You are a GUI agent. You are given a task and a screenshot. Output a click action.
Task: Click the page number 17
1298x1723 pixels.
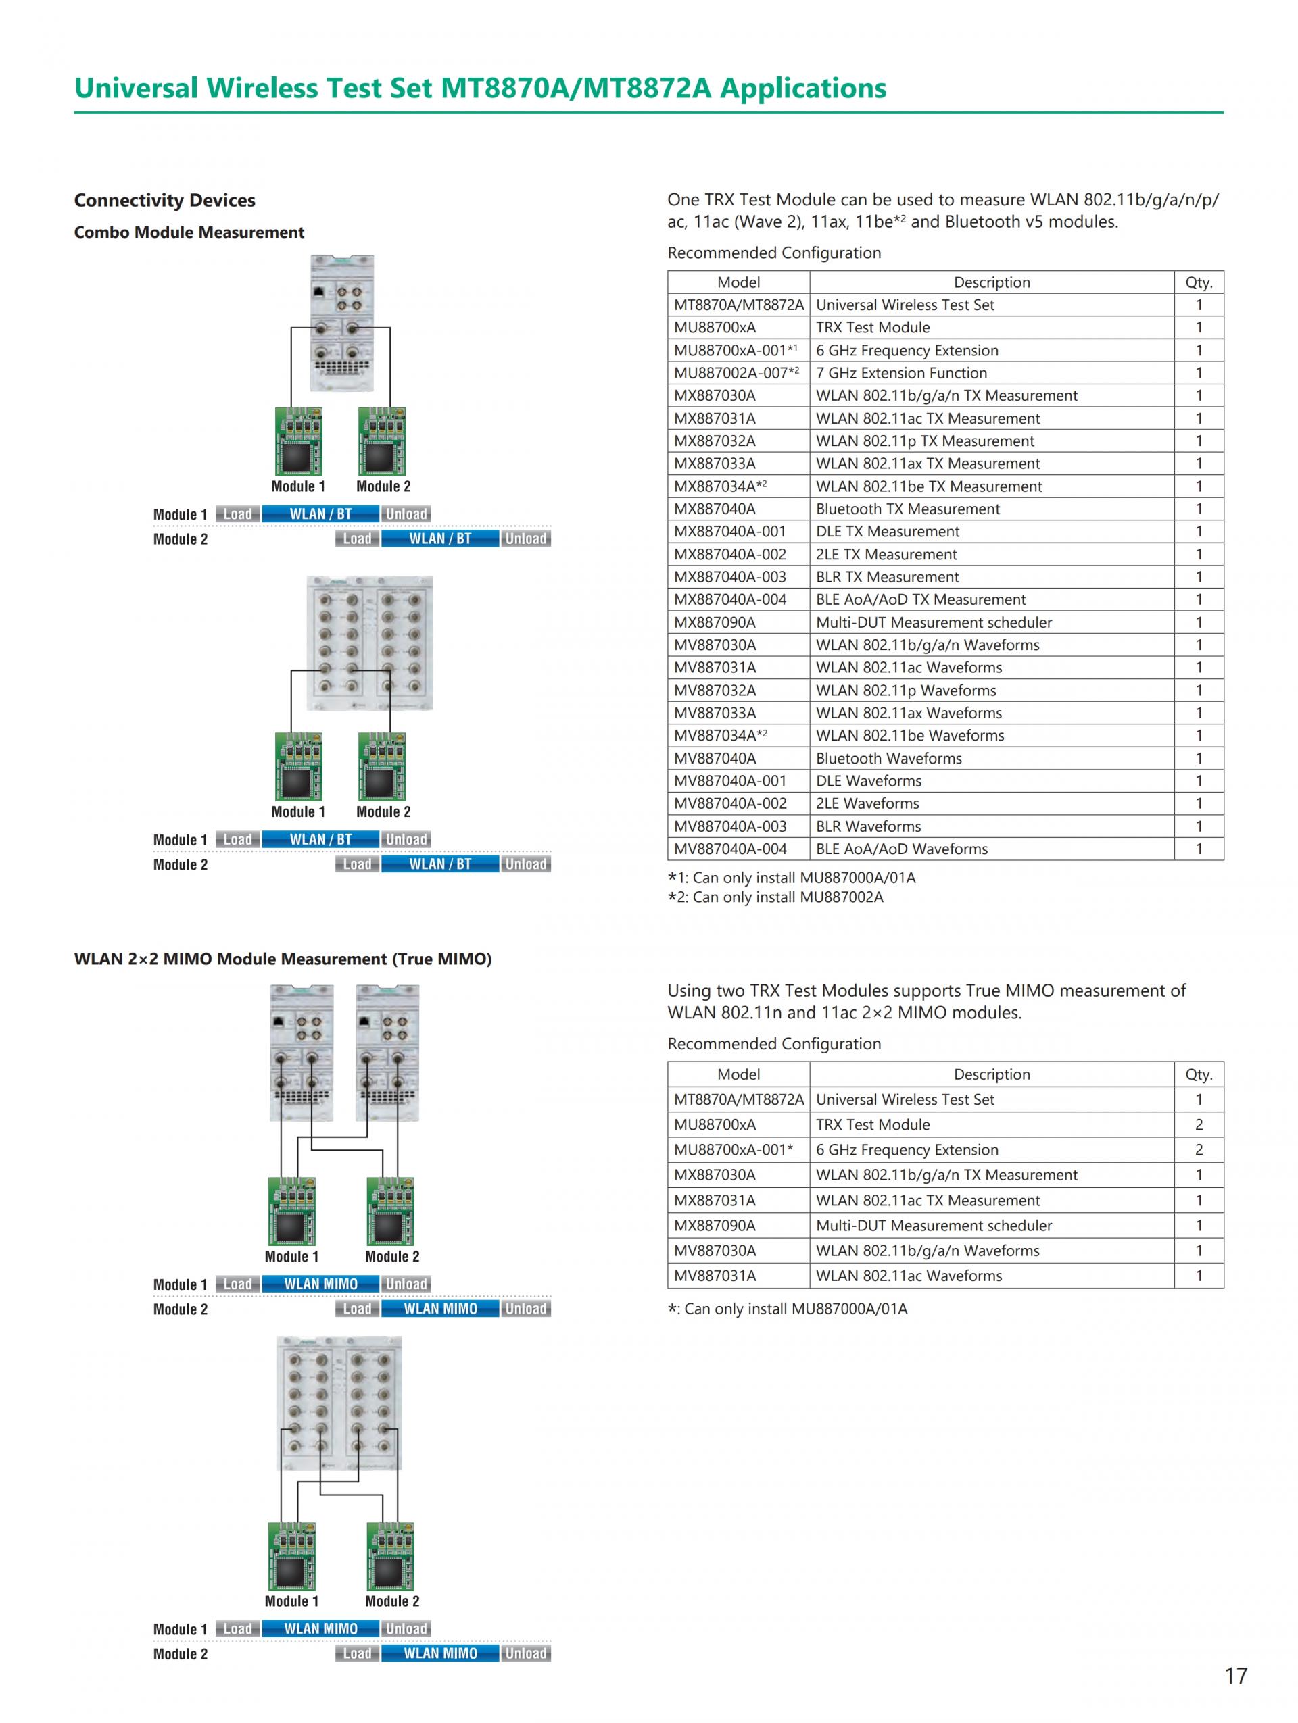tap(1235, 1675)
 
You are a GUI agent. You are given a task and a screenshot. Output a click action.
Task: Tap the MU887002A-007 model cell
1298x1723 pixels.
tap(736, 373)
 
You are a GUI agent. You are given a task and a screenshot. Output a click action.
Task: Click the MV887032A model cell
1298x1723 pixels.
tap(715, 690)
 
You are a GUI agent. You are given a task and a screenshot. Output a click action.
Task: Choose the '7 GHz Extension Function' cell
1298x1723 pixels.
tap(900, 373)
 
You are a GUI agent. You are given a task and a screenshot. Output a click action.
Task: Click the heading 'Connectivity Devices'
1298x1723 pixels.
tap(164, 200)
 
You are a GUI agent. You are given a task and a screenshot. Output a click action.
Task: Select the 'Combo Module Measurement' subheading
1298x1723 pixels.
tap(189, 232)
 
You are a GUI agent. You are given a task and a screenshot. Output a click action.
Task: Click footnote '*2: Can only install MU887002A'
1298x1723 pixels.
tap(775, 897)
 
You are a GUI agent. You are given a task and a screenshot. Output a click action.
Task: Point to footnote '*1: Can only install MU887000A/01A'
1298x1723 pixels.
tap(792, 878)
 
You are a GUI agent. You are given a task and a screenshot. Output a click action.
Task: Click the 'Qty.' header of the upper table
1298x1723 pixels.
tap(1198, 282)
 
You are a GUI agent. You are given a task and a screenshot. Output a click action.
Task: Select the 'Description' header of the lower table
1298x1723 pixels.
tap(991, 1074)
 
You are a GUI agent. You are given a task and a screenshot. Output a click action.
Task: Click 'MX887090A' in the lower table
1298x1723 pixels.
tap(715, 1225)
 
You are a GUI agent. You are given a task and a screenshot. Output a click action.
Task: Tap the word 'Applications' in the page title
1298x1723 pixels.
tap(802, 88)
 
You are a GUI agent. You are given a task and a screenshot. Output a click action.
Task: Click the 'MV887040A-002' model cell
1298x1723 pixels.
tap(730, 803)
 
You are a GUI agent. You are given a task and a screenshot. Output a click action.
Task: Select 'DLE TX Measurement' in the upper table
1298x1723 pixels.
tap(888, 531)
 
